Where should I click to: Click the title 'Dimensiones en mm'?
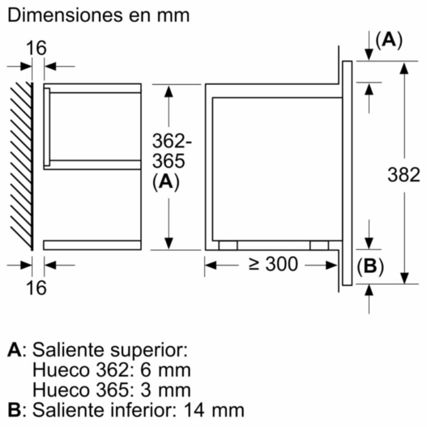tap(99, 15)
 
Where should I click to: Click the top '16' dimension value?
tap(37, 48)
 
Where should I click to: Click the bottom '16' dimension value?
tap(37, 288)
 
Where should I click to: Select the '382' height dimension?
tap(404, 175)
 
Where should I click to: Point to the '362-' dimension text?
tap(168, 141)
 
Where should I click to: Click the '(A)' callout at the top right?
tap(389, 41)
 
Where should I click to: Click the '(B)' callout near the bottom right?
tap(370, 268)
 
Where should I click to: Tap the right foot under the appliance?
tap(319, 245)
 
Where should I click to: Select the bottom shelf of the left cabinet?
tap(93, 245)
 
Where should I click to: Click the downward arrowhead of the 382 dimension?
tap(404, 277)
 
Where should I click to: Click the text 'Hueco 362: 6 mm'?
tap(111, 370)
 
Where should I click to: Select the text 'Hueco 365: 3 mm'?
tap(111, 390)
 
